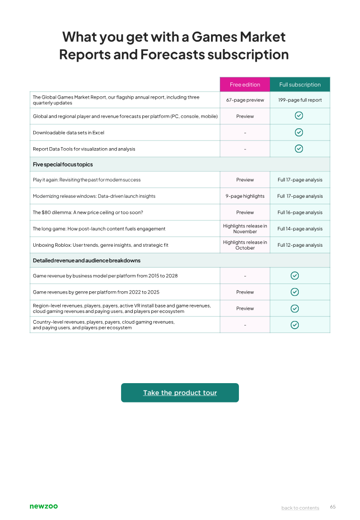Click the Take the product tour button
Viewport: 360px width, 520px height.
pos(180,393)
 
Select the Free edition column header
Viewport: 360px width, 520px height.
pos(245,85)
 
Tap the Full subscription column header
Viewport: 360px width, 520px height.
pos(300,85)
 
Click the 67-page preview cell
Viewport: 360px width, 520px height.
pos(245,100)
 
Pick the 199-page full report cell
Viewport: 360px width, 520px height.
pos(300,100)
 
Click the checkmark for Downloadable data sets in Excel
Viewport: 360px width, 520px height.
pos(299,132)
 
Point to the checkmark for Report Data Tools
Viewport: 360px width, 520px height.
pos(299,149)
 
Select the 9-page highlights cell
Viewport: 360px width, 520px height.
pos(245,196)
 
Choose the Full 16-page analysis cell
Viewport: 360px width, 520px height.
pos(300,213)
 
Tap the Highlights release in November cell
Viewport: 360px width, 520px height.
pos(245,229)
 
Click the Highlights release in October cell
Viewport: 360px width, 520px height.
pos(245,245)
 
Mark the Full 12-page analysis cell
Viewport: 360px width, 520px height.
pos(300,245)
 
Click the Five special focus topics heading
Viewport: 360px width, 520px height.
pos(63,164)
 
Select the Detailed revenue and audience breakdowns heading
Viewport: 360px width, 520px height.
pos(86,261)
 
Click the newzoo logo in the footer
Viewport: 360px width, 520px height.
pos(44,506)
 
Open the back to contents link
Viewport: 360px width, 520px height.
pos(300,508)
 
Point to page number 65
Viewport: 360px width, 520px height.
pos(333,506)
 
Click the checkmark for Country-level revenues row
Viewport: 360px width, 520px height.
pos(295,325)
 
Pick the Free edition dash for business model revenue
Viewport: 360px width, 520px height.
pos(245,276)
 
